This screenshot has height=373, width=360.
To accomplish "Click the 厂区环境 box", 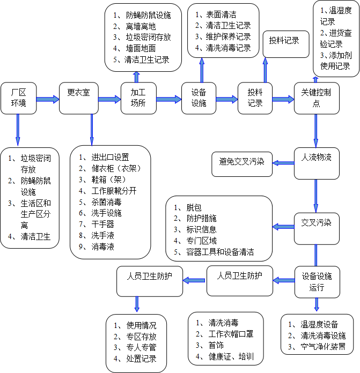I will [x=18, y=98].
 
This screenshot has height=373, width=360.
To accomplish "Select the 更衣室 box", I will [x=78, y=98].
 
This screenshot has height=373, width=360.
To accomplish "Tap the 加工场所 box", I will [x=138, y=98].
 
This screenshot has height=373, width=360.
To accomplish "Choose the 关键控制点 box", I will [x=316, y=98].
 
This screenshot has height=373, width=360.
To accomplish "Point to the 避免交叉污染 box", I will [x=241, y=161].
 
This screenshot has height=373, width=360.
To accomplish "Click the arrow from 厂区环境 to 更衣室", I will [x=47, y=99].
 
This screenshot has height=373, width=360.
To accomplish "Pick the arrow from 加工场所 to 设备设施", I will [x=169, y=99].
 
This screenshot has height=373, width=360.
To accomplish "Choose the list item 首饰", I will [x=215, y=345].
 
